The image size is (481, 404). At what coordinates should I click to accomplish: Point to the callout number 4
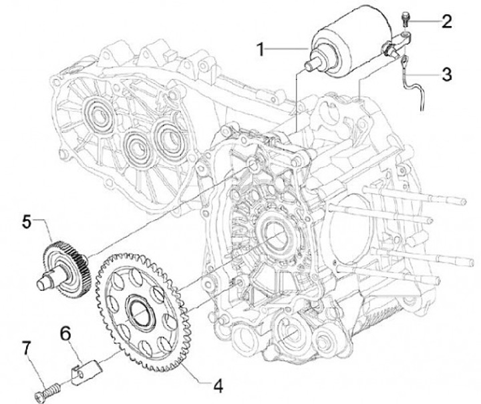point(217,385)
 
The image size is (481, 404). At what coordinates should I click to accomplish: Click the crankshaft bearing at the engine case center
point(274,234)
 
